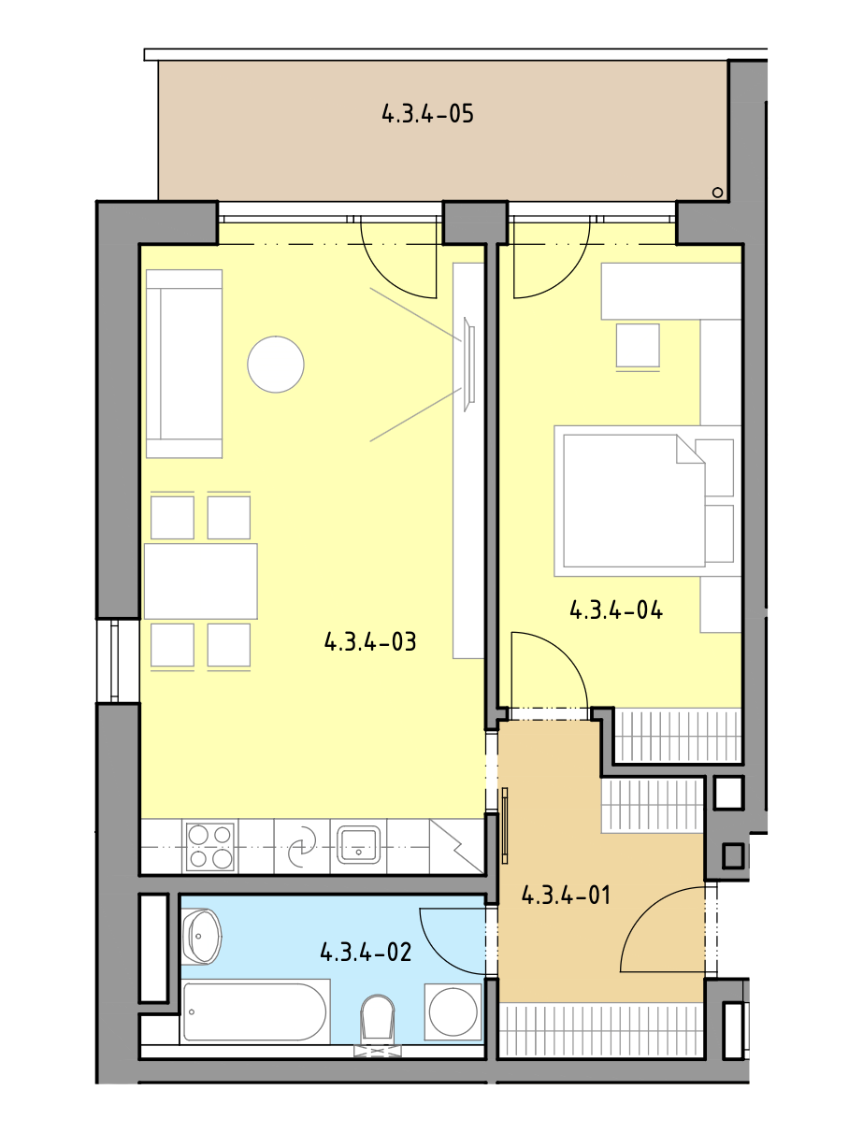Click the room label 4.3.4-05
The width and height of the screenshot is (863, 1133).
[x=427, y=113]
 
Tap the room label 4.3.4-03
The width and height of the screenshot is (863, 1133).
[x=370, y=641]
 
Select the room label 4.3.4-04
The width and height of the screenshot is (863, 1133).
[x=616, y=610]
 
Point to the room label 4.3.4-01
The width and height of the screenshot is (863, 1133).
[x=566, y=895]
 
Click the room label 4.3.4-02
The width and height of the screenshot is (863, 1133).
[x=366, y=952]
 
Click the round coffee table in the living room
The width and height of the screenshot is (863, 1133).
[x=276, y=365]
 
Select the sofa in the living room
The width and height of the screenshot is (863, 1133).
[x=184, y=364]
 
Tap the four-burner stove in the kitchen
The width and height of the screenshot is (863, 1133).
[x=210, y=848]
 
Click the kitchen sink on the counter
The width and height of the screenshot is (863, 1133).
[x=359, y=845]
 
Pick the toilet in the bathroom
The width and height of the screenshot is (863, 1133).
[x=378, y=1025]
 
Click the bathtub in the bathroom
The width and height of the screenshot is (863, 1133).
[x=255, y=1011]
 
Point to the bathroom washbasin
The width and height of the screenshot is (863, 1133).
[x=201, y=937]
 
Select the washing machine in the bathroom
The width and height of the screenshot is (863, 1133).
[x=453, y=1011]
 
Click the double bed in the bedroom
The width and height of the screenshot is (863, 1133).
[x=648, y=501]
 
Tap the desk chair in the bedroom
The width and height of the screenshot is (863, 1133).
[x=638, y=347]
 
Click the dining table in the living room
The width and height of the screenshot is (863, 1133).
[x=201, y=581]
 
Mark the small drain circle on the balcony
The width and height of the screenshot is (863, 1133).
[x=717, y=193]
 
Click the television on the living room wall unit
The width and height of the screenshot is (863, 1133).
[x=468, y=365]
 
